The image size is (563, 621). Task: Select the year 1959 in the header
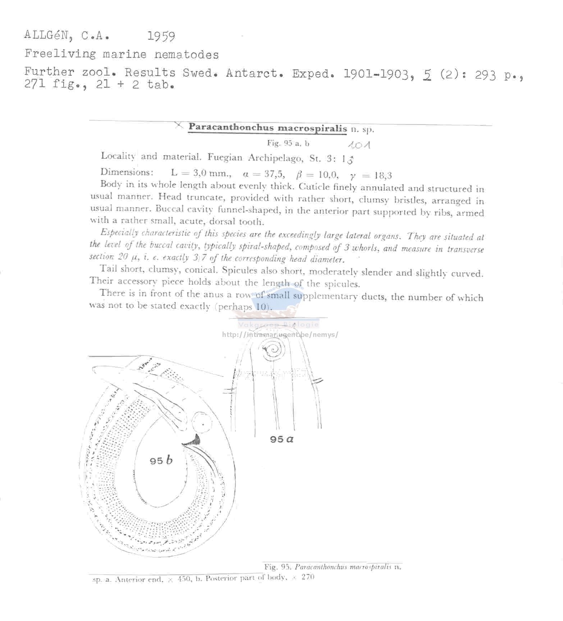click(161, 36)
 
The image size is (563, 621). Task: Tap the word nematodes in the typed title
click(186, 55)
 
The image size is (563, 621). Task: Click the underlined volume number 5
click(427, 74)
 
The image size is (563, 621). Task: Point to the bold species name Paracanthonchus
click(231, 127)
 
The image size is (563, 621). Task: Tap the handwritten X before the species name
click(179, 125)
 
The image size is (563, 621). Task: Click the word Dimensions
click(127, 172)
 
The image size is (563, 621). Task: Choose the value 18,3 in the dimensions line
click(382, 175)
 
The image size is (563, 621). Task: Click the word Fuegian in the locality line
click(225, 157)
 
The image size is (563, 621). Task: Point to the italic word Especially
click(119, 232)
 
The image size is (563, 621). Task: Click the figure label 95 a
click(281, 439)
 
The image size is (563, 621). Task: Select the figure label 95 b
click(161, 460)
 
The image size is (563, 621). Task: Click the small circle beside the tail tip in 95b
click(201, 422)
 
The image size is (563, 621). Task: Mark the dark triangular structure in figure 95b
click(194, 439)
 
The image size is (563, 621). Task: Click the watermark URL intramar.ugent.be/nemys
click(280, 335)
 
